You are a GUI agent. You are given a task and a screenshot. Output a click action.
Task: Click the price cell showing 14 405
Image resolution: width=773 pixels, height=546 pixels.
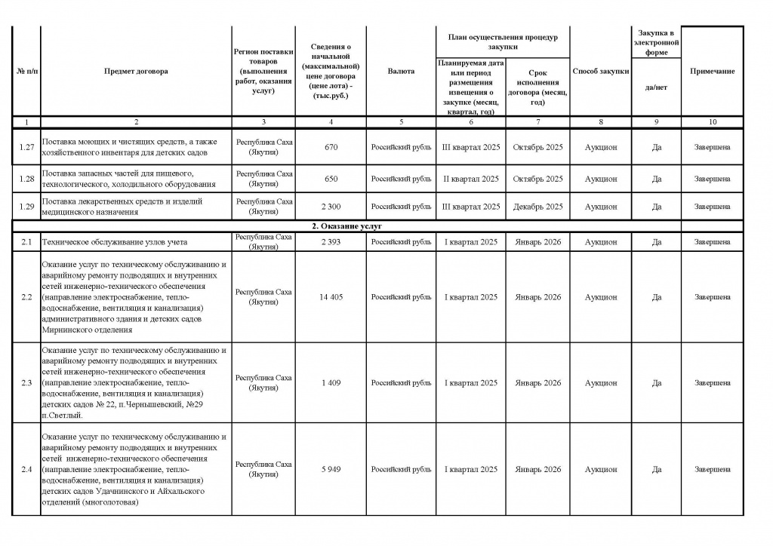[x=331, y=297]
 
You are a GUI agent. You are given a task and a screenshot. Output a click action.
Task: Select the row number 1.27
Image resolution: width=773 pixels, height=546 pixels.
[x=26, y=147]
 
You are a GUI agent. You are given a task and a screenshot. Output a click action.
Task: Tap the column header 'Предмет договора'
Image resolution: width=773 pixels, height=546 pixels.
[x=137, y=71]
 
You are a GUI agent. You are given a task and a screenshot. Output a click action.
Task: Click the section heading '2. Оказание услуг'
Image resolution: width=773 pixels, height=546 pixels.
[x=347, y=226]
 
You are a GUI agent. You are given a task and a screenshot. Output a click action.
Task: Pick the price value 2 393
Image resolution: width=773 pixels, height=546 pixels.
[x=331, y=242]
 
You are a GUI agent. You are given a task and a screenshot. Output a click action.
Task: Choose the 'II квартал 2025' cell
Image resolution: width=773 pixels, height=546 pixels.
[x=470, y=179]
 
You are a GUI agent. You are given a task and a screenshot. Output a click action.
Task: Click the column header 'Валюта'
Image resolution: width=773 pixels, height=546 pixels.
[x=401, y=71]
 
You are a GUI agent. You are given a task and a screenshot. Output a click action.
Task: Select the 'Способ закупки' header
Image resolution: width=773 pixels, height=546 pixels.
[x=600, y=71]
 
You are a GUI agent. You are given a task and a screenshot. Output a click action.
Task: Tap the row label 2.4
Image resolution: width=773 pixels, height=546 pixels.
[x=26, y=470]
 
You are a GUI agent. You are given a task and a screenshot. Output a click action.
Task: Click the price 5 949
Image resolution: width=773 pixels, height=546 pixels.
[x=331, y=470]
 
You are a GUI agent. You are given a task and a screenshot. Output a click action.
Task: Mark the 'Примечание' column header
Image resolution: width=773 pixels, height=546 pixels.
[x=712, y=71]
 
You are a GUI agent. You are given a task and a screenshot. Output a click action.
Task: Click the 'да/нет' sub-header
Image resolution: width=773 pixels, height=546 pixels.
[x=656, y=87]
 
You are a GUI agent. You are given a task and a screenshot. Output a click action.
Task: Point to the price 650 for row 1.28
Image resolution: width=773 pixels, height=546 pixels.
[x=331, y=179]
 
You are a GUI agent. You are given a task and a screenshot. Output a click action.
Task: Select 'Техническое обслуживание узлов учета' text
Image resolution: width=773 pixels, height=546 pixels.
[x=115, y=242]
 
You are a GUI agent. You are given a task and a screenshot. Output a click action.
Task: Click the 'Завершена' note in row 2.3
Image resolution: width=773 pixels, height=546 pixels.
[x=712, y=383]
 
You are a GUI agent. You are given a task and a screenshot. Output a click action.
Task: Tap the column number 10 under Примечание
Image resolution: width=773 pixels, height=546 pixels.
[x=712, y=121]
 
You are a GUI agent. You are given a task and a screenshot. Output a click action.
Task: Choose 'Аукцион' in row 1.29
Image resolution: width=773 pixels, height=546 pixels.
[x=600, y=206]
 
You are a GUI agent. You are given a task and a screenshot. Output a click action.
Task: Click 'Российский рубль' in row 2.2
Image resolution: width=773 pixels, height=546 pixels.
[x=401, y=297]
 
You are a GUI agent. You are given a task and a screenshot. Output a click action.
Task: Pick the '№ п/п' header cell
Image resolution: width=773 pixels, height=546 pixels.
[x=26, y=71]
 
